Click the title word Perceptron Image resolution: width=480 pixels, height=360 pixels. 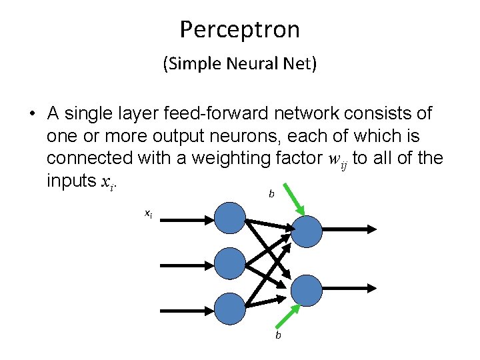(x=239, y=29)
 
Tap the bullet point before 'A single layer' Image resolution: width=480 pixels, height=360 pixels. (x=32, y=114)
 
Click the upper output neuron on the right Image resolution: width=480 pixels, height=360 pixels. (x=307, y=229)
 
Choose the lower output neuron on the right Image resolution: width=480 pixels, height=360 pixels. (x=307, y=289)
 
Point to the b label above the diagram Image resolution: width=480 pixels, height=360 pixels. (x=271, y=194)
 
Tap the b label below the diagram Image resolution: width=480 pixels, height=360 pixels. (x=278, y=335)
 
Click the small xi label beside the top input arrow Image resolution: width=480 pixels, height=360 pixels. (x=148, y=213)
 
